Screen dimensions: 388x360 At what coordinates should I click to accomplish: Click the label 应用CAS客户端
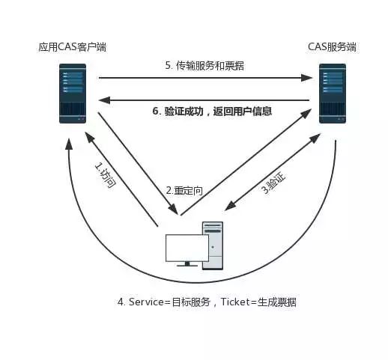click(73, 47)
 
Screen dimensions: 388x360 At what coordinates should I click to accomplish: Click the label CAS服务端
click(332, 47)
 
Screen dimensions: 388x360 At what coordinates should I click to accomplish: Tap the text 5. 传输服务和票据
click(204, 66)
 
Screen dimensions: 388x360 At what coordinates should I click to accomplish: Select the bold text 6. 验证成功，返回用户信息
click(212, 111)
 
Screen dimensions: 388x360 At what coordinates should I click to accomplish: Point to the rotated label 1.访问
click(105, 175)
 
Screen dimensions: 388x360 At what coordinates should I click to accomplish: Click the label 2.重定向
click(184, 191)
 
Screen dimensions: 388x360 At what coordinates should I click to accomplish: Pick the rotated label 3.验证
click(273, 183)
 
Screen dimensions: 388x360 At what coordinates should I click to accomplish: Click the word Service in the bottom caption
click(146, 302)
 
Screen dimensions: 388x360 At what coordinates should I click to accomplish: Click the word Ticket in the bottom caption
click(235, 302)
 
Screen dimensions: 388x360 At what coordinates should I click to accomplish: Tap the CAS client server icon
click(73, 94)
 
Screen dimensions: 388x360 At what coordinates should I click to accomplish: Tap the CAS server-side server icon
click(333, 94)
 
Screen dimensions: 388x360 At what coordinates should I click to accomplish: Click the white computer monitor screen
click(187, 248)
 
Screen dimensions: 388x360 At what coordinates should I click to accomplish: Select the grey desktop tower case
click(213, 245)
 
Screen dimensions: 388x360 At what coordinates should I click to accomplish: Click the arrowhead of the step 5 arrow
click(306, 78)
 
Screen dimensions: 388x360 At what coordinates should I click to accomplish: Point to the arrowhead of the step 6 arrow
click(104, 100)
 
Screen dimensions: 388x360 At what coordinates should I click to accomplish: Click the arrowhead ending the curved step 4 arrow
click(69, 144)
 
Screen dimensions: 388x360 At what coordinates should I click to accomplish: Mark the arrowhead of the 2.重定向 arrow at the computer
click(174, 209)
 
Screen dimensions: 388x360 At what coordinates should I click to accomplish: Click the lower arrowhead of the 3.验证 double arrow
click(230, 206)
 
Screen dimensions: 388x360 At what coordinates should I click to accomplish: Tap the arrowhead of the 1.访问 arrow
click(89, 138)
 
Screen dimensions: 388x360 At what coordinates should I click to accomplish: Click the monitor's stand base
click(187, 266)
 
